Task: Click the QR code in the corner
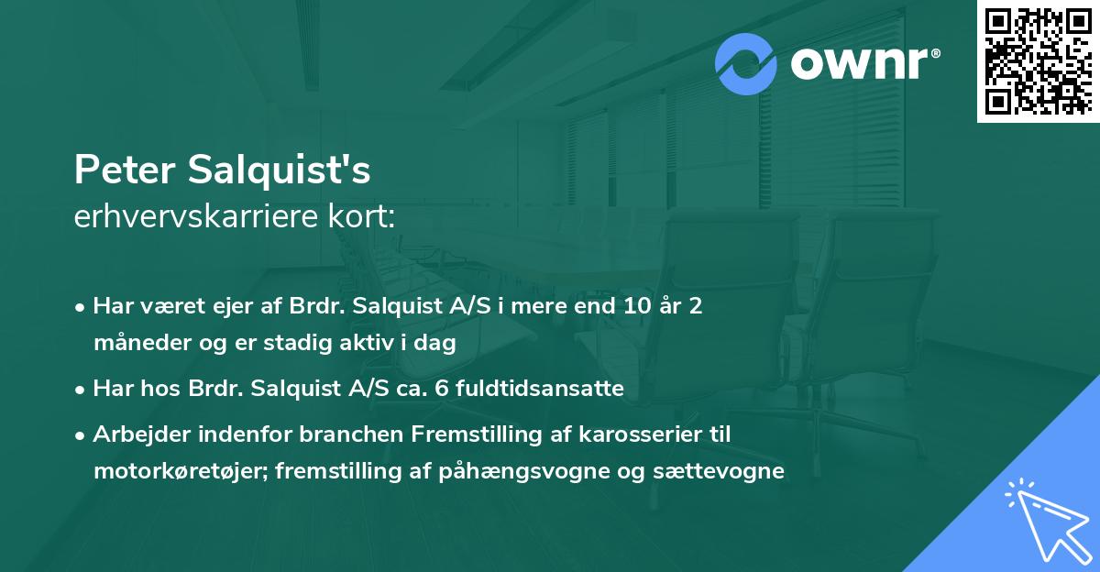(x=1038, y=61)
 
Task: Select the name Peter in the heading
(x=125, y=171)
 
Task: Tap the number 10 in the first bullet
(x=632, y=305)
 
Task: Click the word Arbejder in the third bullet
(x=134, y=434)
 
